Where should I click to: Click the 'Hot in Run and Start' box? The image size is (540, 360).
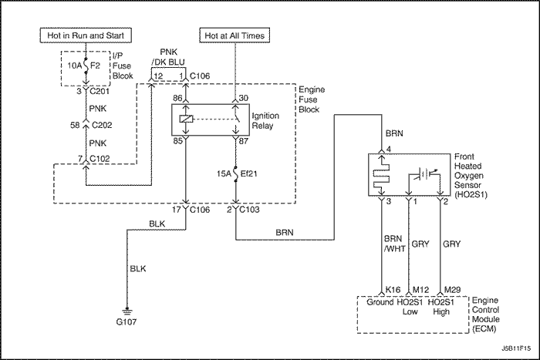[86, 35]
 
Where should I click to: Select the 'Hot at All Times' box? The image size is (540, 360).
[235, 35]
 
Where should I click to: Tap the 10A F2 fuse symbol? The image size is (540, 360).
[86, 66]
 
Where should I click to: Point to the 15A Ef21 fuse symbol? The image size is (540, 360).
[236, 173]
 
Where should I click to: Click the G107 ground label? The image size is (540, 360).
[127, 322]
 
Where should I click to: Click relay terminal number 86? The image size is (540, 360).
[177, 98]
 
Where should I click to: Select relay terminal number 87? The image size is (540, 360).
[244, 141]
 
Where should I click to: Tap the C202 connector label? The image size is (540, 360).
[102, 125]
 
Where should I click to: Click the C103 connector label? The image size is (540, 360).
[250, 210]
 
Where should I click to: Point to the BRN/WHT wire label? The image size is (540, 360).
[394, 244]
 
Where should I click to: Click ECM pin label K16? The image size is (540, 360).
[393, 290]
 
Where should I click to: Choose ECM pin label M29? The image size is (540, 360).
[452, 290]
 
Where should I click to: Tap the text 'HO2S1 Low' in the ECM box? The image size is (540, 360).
[410, 307]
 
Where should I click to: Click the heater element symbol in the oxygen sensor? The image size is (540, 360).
[381, 175]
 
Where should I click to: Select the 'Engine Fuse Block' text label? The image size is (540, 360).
[312, 99]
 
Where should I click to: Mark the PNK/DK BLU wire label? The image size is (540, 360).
[168, 57]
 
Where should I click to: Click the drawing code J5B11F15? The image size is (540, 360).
[516, 348]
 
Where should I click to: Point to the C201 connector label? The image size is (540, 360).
[100, 91]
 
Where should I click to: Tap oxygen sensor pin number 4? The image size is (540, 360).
[389, 150]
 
